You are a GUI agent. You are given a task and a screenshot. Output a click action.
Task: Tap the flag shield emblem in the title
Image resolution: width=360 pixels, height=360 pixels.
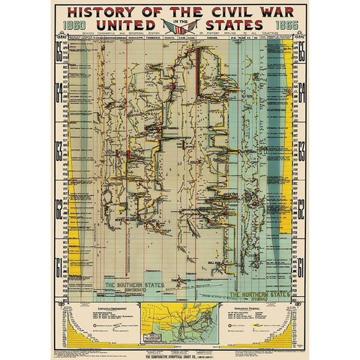[179, 27]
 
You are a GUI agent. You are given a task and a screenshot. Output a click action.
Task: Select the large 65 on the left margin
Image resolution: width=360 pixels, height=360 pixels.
[58, 54]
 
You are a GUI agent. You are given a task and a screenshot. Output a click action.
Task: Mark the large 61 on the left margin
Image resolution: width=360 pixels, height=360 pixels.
[58, 264]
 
